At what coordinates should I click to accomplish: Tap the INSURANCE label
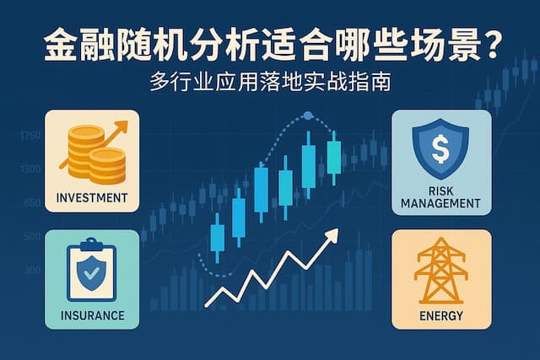[x=93, y=316]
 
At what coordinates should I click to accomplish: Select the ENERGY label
[x=440, y=317]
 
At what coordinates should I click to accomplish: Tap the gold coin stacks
[x=88, y=155]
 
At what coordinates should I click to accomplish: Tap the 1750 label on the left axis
[x=30, y=136]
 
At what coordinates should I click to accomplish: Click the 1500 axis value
[x=30, y=169]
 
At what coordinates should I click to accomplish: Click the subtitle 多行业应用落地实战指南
[x=269, y=85]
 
